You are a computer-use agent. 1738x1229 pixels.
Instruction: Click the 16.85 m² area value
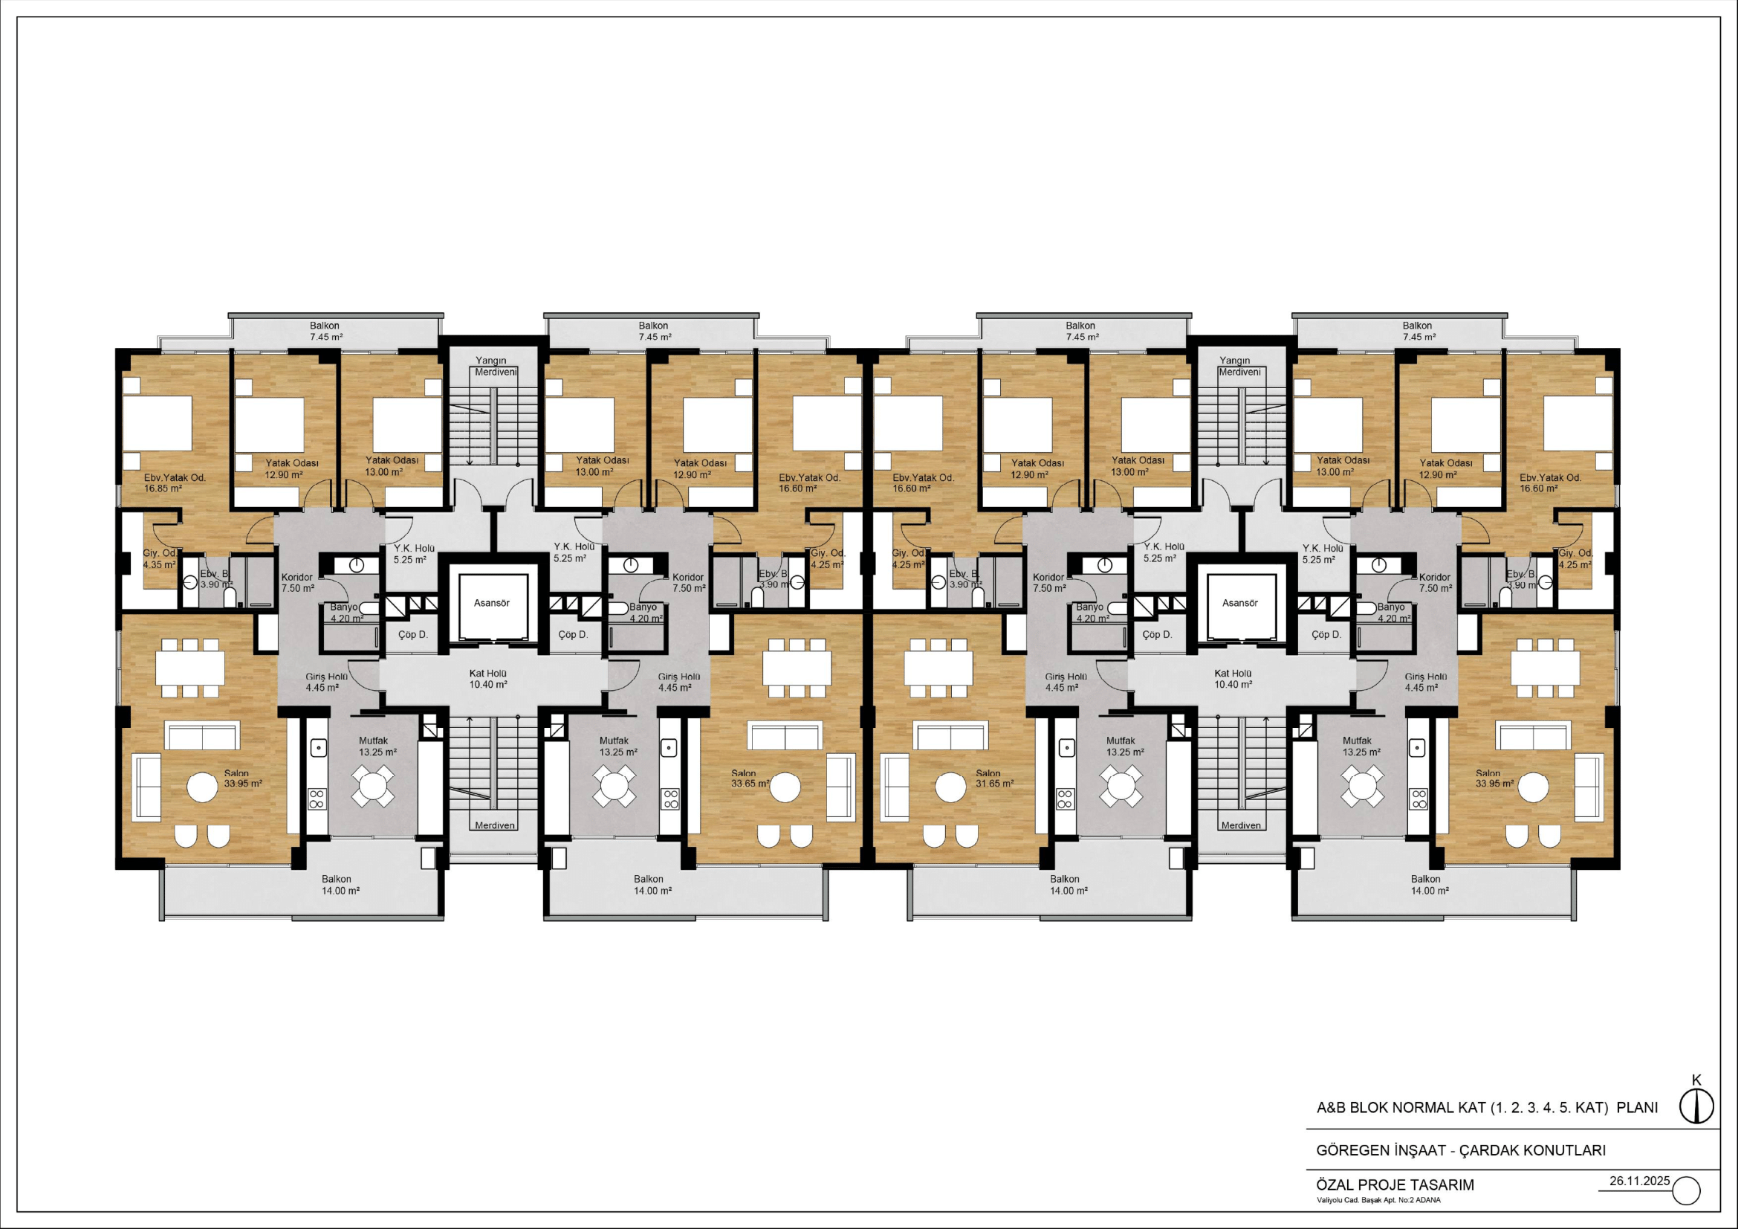coord(163,488)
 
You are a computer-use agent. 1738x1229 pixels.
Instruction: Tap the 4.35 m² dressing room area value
coord(159,564)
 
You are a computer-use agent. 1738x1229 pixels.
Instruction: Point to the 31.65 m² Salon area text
coord(995,784)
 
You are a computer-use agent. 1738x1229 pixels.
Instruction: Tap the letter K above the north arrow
coord(1696,1080)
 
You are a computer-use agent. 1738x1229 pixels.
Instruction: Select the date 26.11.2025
coord(1640,1181)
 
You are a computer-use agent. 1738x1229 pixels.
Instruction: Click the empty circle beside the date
coord(1686,1190)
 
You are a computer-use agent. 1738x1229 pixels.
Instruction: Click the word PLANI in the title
coord(1638,1108)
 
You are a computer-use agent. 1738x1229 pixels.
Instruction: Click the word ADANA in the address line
coord(1428,1200)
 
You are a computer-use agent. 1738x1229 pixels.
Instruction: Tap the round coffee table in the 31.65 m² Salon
coord(951,787)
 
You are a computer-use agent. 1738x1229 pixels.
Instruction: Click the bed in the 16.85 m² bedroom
coord(158,424)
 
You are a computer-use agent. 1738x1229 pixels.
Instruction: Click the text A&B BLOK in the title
coord(1352,1108)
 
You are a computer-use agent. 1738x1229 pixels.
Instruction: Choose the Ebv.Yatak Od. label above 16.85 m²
coord(175,478)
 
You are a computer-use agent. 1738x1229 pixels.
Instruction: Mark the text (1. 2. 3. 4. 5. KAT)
coord(1549,1108)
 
